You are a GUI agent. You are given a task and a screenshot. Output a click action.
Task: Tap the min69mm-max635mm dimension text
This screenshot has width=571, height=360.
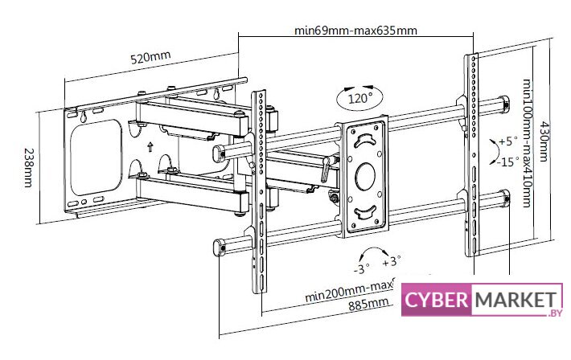coord(355,31)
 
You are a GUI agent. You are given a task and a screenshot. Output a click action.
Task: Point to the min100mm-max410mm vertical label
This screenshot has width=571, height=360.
coord(528,142)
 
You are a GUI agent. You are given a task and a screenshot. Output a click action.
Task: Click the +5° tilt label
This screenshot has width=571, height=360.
coord(507,141)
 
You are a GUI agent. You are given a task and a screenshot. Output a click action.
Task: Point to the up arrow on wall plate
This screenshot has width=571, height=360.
coord(150,147)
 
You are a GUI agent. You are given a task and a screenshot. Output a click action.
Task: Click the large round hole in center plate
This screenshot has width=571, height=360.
coord(366,174)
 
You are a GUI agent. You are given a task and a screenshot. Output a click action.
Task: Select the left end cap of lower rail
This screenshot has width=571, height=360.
coord(217,247)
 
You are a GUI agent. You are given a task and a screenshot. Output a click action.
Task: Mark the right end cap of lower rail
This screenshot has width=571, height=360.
coord(504,198)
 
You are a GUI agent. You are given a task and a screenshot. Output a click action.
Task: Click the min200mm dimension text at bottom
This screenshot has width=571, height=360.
coord(347,293)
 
